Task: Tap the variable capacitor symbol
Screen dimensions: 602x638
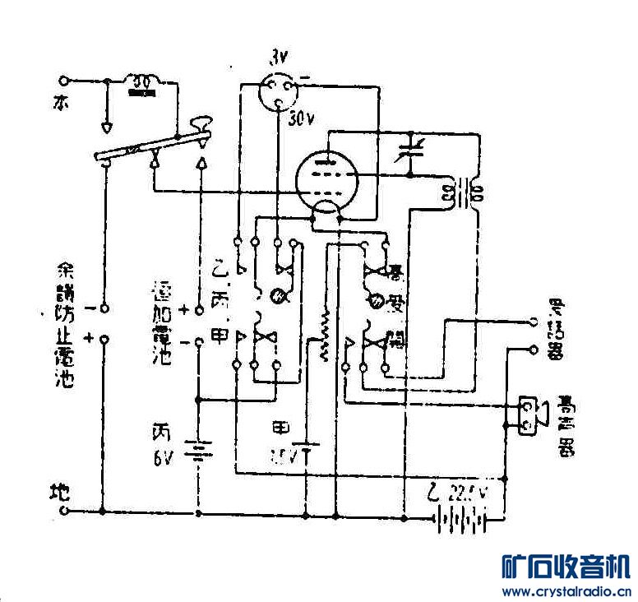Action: click(x=407, y=153)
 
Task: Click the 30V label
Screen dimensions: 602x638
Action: click(x=302, y=119)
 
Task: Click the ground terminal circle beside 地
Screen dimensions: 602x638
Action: click(x=63, y=511)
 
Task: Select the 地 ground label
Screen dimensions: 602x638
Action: click(x=59, y=493)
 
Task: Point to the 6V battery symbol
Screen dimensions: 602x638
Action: click(x=198, y=451)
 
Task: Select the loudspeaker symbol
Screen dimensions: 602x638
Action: click(x=533, y=416)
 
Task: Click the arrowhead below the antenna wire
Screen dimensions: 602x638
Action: click(x=107, y=128)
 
